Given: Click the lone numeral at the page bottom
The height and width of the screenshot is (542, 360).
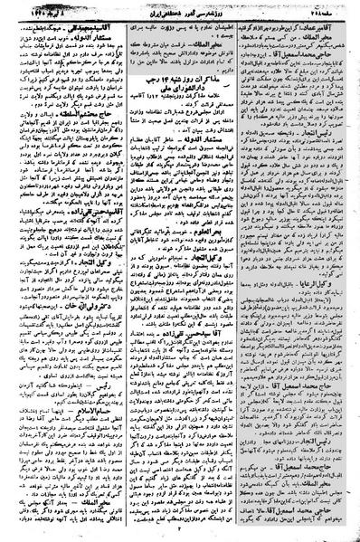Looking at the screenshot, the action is pyautogui.click(x=181, y=534).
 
